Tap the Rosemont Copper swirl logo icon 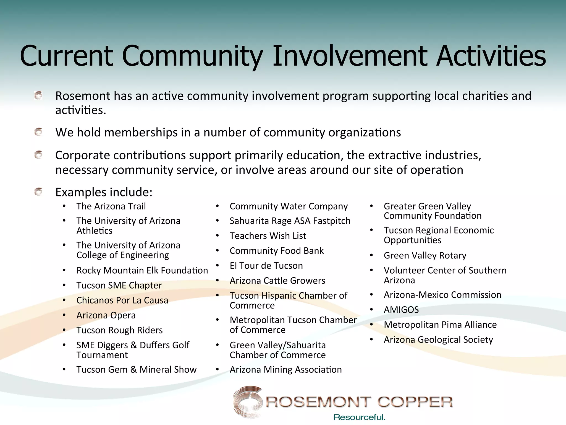pos(247,401)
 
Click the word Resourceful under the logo pos(359,417)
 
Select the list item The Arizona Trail pos(111,206)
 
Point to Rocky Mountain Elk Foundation pos(142,270)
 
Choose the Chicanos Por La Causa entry pos(122,300)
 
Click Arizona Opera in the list pos(106,315)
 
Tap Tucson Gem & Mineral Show pos(136,370)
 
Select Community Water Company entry pos(289,206)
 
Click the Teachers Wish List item pos(268,236)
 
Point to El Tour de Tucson pos(266,266)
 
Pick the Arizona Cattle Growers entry pos(277,281)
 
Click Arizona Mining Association pos(285,370)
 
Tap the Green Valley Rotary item pos(425,255)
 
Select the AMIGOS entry pos(401,310)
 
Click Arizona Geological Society pos(438,340)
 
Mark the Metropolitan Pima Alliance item pos(440,325)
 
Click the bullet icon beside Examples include pos(38,192)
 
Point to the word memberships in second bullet pos(141,133)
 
